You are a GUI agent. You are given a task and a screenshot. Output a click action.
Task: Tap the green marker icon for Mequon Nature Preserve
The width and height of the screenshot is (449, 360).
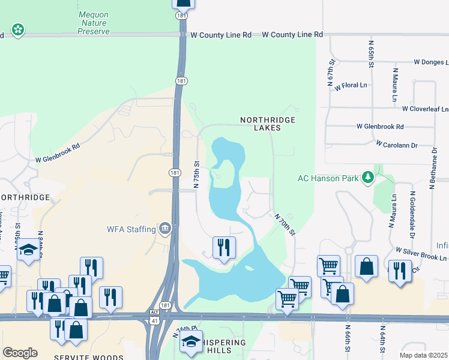[17, 29]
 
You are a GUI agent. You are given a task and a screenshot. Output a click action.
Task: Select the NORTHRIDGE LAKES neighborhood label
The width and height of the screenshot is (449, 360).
[268, 124]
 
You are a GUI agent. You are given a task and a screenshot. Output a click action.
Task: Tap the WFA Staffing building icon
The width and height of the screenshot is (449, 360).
[164, 229]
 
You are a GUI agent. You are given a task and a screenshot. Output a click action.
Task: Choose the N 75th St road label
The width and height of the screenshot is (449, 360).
[196, 172]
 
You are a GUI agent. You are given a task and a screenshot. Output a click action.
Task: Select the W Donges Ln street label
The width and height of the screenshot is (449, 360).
[430, 62]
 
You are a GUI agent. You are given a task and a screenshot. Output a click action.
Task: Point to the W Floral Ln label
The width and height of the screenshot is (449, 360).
[351, 86]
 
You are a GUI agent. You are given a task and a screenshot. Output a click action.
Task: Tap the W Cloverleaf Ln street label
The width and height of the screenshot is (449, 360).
[426, 109]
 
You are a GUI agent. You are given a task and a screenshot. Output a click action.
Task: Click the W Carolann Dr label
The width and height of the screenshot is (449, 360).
[397, 145]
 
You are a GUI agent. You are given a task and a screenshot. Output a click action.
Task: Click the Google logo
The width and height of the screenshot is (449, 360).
[20, 353]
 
